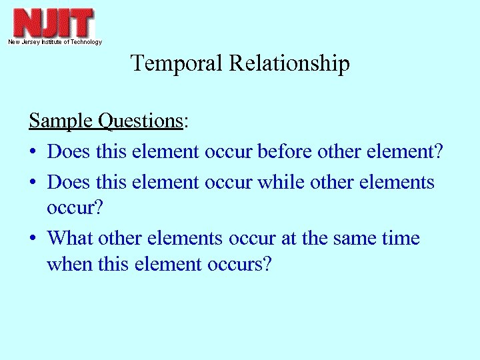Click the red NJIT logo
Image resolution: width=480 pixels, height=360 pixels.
(x=54, y=23)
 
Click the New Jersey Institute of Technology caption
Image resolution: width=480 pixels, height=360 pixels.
(x=55, y=42)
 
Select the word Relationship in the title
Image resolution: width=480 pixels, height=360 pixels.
(x=289, y=64)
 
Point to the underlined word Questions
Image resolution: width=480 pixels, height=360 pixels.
(x=140, y=121)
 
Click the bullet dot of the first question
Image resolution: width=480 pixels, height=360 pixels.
(x=33, y=153)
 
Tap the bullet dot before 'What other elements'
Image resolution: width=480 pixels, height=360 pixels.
(x=33, y=239)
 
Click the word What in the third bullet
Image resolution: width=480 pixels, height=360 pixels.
(x=71, y=237)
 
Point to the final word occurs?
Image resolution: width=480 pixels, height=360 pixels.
(x=241, y=265)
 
